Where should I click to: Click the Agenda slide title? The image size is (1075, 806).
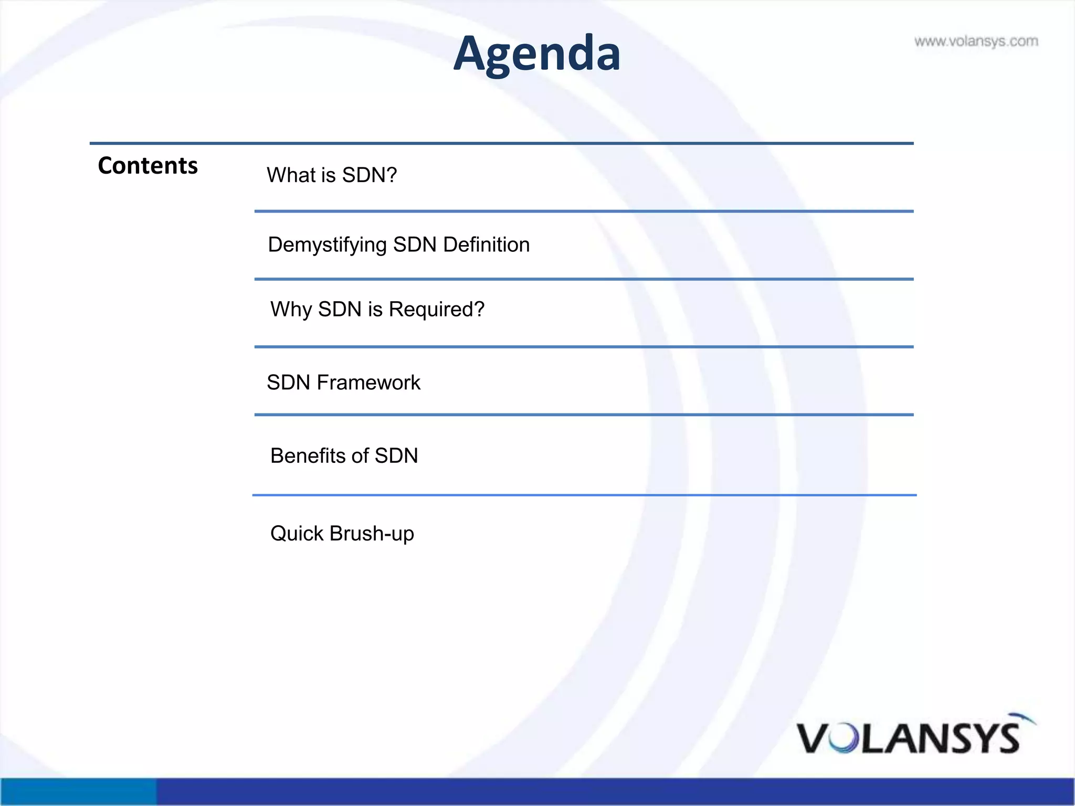point(536,54)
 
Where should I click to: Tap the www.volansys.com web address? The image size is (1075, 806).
point(976,41)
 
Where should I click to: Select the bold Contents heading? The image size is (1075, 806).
point(147,166)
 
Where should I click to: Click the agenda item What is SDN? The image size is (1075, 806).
point(332,175)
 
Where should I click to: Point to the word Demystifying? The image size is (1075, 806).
point(327,245)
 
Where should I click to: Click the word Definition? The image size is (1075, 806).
point(486,245)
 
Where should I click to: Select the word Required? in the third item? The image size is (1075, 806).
point(436,310)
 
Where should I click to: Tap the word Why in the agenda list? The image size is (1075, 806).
point(291,310)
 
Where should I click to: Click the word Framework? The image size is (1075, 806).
point(368,383)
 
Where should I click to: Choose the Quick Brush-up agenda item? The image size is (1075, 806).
point(342,534)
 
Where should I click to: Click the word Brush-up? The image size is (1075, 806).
point(372,534)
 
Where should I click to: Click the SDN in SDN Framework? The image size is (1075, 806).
point(288,383)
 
